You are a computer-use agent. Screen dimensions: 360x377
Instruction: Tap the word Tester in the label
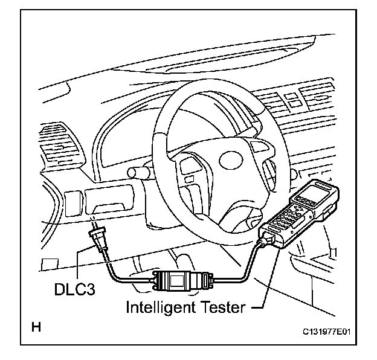coord(224,307)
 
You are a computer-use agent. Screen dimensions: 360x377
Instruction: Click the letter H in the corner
coord(36,328)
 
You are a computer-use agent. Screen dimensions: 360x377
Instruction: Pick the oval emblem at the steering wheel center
coord(230,160)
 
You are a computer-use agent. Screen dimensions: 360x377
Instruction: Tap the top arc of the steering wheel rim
coord(205,85)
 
